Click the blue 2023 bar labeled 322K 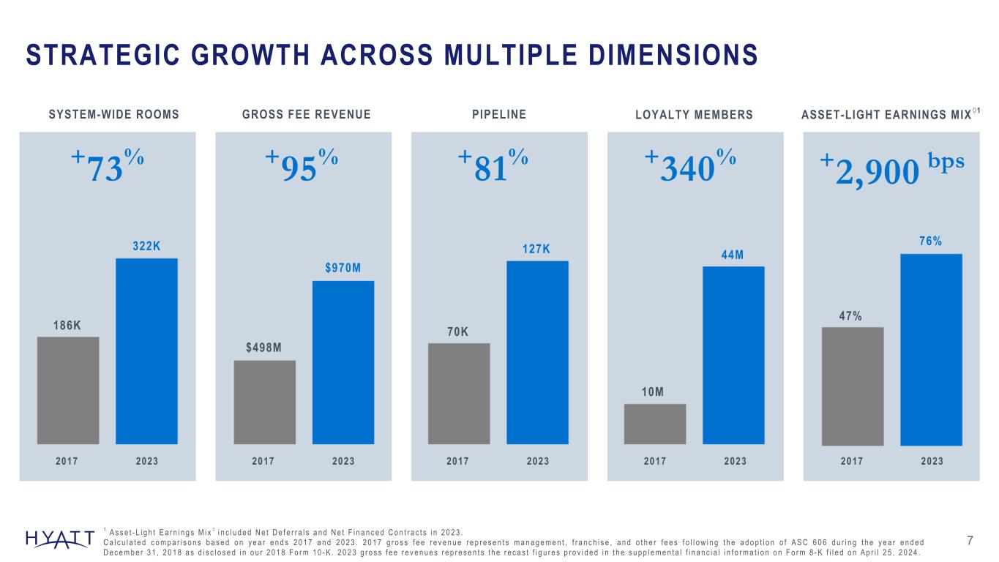tap(146, 351)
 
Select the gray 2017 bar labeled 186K tap(68, 390)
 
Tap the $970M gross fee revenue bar tap(343, 362)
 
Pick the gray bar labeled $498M tap(264, 402)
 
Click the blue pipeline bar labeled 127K tap(537, 352)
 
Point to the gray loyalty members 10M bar tap(654, 424)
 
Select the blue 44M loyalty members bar tap(733, 355)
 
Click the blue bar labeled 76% tap(931, 349)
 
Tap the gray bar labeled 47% tap(853, 386)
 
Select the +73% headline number tap(107, 167)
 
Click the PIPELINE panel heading tap(500, 114)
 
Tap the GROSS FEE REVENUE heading tap(306, 114)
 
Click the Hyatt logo tap(59, 539)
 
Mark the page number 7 tap(970, 541)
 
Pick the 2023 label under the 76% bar tap(932, 461)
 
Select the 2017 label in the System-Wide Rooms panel tap(67, 461)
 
